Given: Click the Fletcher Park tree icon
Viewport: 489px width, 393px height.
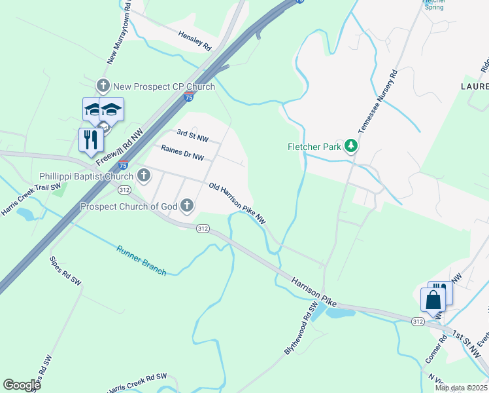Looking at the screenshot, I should click(352, 146).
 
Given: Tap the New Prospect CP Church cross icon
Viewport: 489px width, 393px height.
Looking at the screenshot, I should click(103, 86).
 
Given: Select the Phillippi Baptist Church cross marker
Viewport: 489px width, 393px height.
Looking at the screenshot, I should click(144, 176).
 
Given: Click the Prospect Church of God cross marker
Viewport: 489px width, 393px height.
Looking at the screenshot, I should click(188, 206).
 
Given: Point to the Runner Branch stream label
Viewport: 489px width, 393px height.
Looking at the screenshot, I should click(141, 260).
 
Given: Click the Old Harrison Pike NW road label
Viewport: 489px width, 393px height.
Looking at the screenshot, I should click(237, 204).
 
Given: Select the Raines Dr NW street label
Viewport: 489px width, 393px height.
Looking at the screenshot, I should click(182, 153).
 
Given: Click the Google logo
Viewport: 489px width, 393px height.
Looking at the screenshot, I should click(22, 384).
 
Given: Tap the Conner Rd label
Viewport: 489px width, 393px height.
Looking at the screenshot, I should click(434, 352).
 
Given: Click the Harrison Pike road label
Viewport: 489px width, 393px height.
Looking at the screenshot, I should click(313, 292).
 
